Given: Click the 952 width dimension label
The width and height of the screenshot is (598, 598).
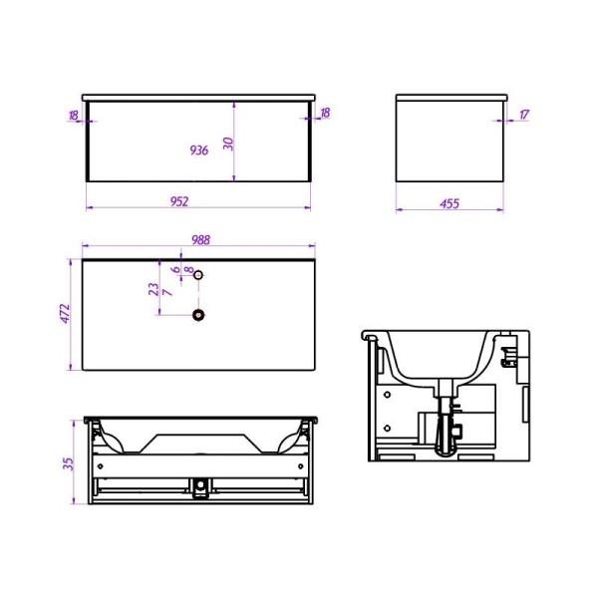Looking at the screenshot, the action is click(179, 201).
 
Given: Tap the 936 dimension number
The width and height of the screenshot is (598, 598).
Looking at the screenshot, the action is click(199, 149).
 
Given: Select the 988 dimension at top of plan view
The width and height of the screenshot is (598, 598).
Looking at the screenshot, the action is click(200, 239).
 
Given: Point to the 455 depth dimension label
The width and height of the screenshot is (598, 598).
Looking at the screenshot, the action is click(449, 203).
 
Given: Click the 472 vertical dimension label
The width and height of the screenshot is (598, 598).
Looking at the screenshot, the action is click(66, 314).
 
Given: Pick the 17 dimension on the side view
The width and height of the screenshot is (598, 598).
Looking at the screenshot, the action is click(524, 114).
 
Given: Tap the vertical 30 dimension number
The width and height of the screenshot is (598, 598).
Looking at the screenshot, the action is click(228, 144).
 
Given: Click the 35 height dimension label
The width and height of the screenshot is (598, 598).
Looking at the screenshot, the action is click(68, 463).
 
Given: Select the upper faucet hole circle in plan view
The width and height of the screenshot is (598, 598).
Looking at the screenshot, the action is click(198, 275).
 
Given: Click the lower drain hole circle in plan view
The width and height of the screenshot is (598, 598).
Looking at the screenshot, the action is click(198, 315).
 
